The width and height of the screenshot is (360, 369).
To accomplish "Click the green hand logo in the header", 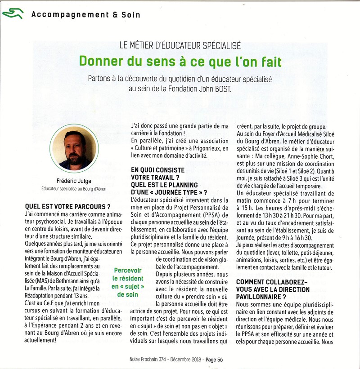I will (x=12, y=13).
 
